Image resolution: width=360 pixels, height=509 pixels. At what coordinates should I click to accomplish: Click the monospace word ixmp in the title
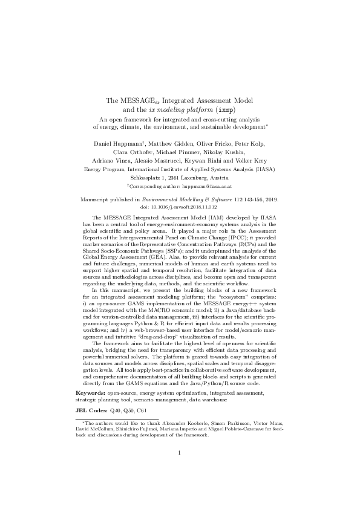click(226, 109)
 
